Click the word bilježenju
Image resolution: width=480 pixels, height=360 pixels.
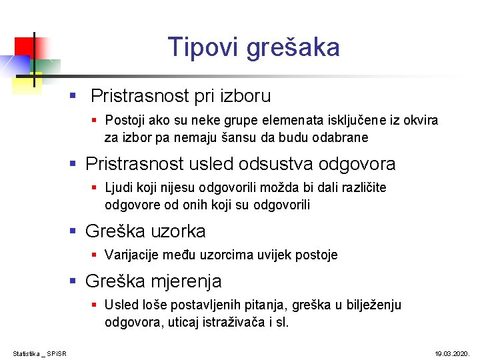(x=373, y=305)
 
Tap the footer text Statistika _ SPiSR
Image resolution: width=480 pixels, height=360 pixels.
(x=43, y=351)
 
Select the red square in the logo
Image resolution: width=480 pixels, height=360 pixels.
(x=24, y=46)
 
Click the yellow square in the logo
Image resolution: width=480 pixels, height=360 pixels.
(x=27, y=81)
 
